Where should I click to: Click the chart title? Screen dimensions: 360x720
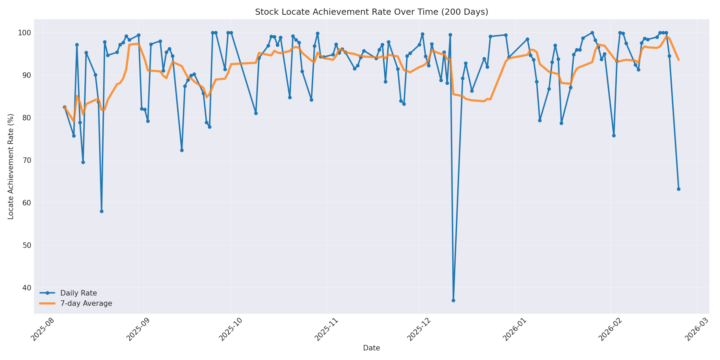click(371, 12)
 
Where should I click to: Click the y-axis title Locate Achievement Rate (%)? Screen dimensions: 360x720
click(11, 167)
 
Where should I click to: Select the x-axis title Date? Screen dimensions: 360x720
click(371, 348)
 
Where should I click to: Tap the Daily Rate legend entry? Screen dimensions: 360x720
click(79, 293)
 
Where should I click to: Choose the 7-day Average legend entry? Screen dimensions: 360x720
click(86, 303)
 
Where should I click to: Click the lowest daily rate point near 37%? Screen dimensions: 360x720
click(453, 300)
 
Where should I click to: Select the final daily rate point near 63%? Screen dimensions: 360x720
click(679, 189)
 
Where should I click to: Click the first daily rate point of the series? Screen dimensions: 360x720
click(64, 107)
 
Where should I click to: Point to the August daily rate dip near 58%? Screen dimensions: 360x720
click(101, 211)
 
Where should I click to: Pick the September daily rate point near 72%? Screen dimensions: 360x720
click(182, 150)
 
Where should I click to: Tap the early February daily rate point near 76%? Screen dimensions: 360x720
click(614, 135)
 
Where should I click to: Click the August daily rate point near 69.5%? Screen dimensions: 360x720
click(83, 162)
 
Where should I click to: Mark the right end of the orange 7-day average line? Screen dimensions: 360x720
click(679, 60)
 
